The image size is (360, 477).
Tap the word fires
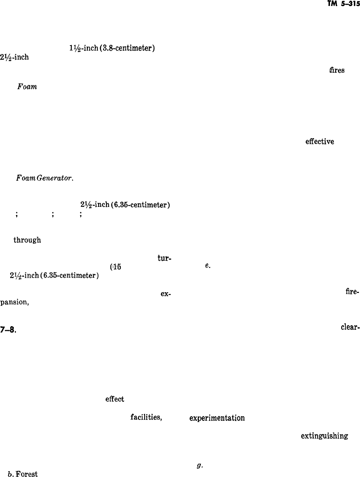[x=336, y=71]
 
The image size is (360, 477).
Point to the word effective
[x=319, y=141]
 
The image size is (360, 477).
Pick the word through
[x=27, y=240]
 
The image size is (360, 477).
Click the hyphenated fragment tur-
[x=164, y=258]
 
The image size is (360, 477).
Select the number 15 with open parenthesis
[x=115, y=267]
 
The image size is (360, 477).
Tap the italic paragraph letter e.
[x=207, y=265]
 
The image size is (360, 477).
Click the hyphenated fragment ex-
[x=165, y=294]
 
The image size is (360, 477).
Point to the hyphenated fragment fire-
[x=352, y=291]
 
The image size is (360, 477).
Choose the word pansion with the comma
[x=14, y=302]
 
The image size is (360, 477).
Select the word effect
[x=115, y=399]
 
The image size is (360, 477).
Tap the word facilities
[x=146, y=418]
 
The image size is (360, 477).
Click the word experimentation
[x=217, y=418]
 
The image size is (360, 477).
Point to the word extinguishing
[x=324, y=436]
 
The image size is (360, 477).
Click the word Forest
[x=27, y=474]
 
